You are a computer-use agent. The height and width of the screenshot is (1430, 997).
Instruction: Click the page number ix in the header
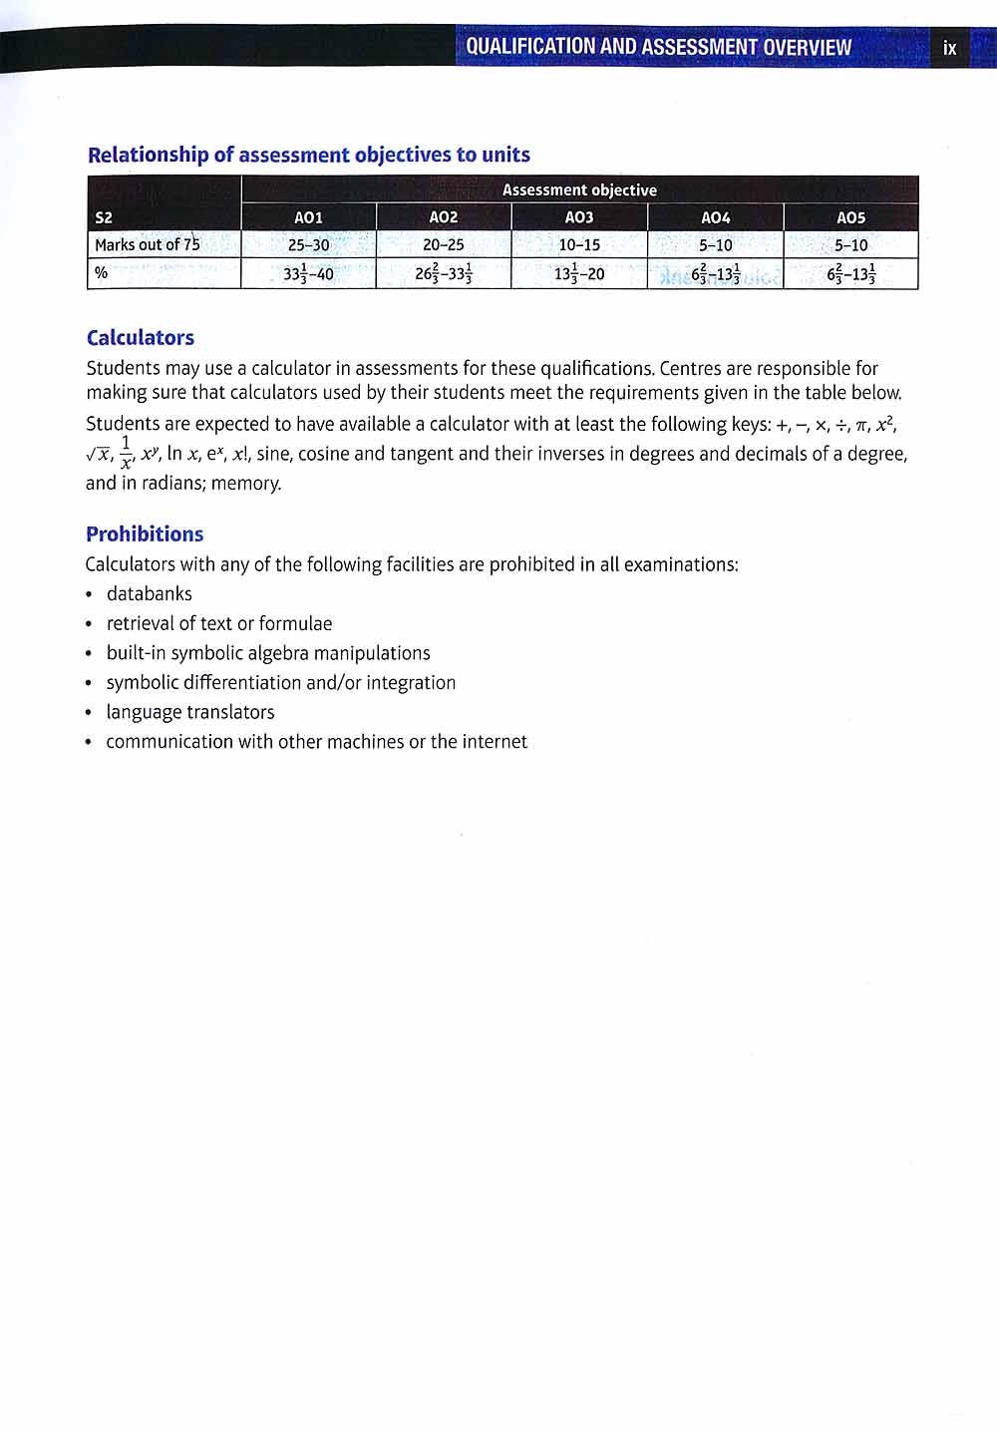tap(949, 48)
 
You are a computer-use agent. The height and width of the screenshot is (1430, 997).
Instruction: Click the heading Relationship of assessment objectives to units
tap(309, 155)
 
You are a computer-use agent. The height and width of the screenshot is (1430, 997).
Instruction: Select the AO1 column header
tap(308, 217)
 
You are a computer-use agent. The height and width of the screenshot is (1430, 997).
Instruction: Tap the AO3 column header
tap(579, 217)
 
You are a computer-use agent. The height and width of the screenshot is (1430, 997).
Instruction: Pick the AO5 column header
tap(850, 217)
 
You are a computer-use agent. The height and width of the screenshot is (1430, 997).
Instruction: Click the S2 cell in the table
tap(104, 217)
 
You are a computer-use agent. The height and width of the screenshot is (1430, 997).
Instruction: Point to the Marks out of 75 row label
tap(148, 244)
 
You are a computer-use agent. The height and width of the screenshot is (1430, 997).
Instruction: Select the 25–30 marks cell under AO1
tap(308, 245)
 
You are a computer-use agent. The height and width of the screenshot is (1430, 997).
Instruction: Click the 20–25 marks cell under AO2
tap(443, 245)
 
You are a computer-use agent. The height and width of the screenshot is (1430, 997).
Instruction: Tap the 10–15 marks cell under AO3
tap(579, 245)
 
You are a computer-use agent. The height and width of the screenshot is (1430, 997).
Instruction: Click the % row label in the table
tap(102, 273)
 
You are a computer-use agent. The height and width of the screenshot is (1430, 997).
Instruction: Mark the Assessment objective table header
tap(579, 189)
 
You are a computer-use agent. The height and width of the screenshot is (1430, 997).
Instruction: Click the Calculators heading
tap(141, 338)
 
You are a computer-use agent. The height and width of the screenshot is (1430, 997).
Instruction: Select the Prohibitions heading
tap(145, 534)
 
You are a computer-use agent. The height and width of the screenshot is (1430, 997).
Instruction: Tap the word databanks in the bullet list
tap(150, 594)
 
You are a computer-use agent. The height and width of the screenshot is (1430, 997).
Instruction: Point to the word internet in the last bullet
tap(495, 742)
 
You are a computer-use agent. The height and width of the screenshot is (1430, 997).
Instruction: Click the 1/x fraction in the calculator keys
tap(127, 453)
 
